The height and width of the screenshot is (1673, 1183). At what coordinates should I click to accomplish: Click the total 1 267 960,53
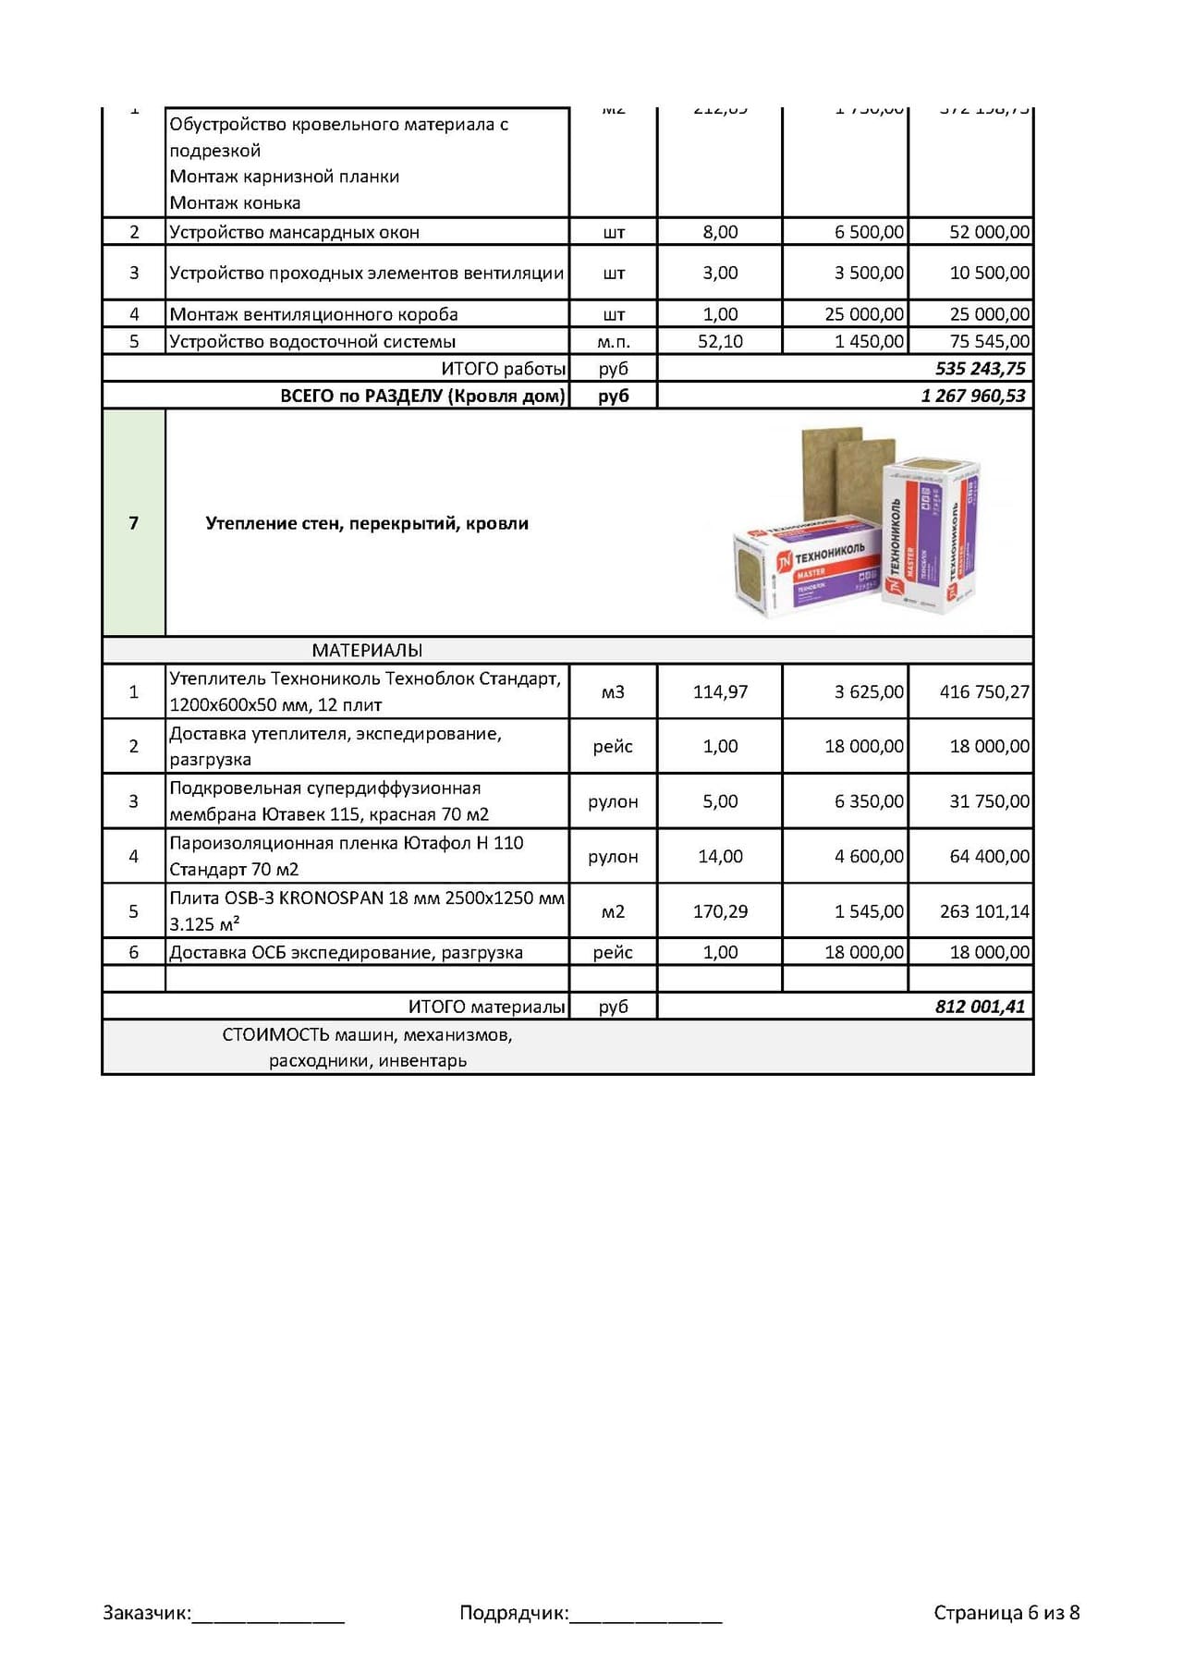click(x=973, y=396)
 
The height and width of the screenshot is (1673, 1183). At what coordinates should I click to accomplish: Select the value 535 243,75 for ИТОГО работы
click(x=980, y=368)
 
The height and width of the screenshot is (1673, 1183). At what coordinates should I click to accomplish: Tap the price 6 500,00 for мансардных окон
click(x=869, y=232)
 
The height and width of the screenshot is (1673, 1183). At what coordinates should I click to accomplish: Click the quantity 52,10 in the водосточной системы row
click(x=720, y=341)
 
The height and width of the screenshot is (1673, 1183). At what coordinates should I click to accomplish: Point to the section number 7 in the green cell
click(x=134, y=523)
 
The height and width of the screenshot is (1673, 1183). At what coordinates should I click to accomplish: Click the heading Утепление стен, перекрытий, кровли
click(x=367, y=523)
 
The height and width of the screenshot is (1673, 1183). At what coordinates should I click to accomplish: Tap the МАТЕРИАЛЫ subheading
click(x=367, y=650)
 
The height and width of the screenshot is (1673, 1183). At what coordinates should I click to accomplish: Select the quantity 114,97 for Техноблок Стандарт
click(x=720, y=691)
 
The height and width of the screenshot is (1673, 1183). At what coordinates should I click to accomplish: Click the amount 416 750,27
click(x=983, y=691)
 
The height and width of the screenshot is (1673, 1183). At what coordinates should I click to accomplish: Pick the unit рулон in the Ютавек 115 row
click(x=613, y=801)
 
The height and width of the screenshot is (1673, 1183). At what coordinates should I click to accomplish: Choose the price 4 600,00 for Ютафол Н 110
click(x=869, y=856)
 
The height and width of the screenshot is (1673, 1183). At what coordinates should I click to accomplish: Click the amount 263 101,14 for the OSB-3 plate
click(x=983, y=911)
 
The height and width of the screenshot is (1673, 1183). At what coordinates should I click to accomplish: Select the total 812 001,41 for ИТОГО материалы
click(x=980, y=1007)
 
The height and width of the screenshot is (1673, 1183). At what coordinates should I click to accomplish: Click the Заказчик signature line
click(x=268, y=1614)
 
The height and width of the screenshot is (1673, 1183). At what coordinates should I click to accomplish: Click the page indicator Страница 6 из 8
click(x=1006, y=1613)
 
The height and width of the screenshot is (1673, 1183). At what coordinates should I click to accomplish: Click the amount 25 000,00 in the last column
click(x=989, y=314)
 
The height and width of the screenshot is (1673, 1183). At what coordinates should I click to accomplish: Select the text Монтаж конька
click(x=235, y=202)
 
